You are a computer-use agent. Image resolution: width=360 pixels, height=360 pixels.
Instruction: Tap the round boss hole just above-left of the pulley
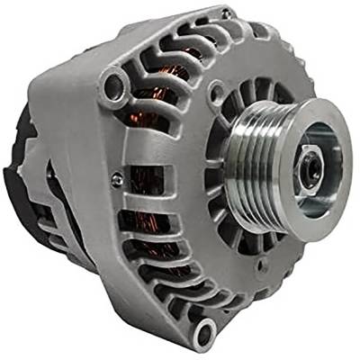(216, 91)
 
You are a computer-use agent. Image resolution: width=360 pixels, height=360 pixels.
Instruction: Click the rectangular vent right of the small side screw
(144, 180)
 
